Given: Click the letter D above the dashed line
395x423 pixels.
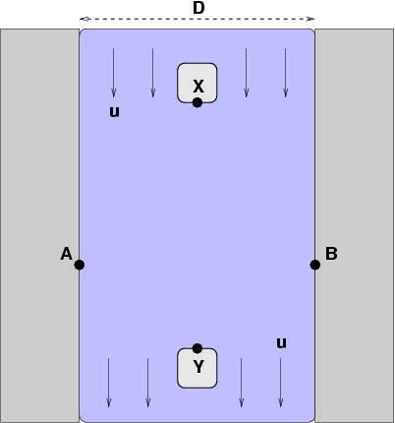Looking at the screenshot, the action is coord(198,8).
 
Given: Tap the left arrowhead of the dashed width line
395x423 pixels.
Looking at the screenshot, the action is coord(82,19).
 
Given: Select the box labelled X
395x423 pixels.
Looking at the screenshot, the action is coord(197,83).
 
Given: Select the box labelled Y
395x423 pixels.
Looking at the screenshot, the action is coord(197,368).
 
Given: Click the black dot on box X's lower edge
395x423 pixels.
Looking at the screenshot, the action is coord(197,102).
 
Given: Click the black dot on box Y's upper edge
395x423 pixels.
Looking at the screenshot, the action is coord(197,348).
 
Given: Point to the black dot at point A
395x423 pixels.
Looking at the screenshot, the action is coord(80,265).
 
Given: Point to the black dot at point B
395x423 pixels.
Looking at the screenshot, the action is coord(315,265).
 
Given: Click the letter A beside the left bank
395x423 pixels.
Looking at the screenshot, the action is coord(67,254).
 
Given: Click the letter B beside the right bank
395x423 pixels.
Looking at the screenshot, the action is coord(331,254).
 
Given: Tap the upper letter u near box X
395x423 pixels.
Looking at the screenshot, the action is coord(114,112).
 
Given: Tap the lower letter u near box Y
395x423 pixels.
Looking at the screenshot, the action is coord(281,343).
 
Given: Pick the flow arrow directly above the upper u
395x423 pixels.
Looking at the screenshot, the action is coord(114,73).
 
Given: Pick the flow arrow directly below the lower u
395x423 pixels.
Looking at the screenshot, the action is coord(281,383).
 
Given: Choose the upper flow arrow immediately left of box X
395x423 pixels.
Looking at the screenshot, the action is coord(153,73).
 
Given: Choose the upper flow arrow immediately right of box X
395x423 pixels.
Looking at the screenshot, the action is coord(247,73).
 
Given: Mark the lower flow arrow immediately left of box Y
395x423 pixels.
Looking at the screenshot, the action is coord(148,383).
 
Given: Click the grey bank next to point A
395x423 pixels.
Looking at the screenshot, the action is coord(39,225).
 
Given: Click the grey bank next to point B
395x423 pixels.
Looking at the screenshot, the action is coord(355,225).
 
